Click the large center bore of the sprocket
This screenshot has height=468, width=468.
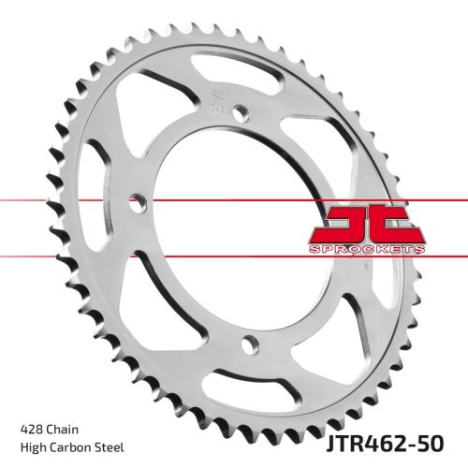[234, 225]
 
